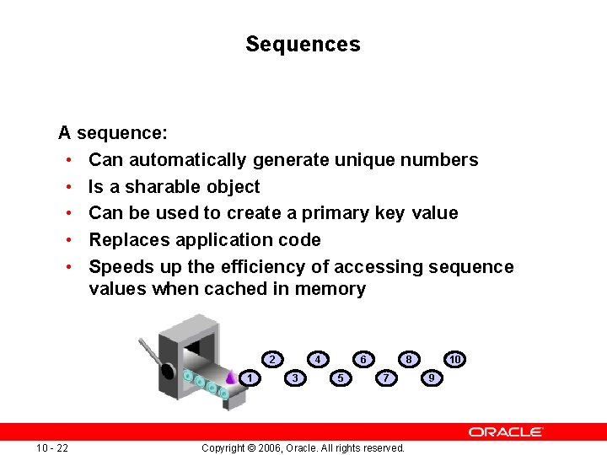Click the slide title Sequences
point(303,44)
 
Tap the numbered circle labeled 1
point(250,378)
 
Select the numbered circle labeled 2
point(272,360)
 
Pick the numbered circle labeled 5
point(341,378)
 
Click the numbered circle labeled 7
point(386,378)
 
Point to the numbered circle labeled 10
point(454,360)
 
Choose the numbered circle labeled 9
point(432,378)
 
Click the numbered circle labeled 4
point(318,360)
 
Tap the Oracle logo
point(506,431)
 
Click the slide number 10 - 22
point(52,447)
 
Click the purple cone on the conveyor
point(230,377)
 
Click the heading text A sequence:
point(112,133)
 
